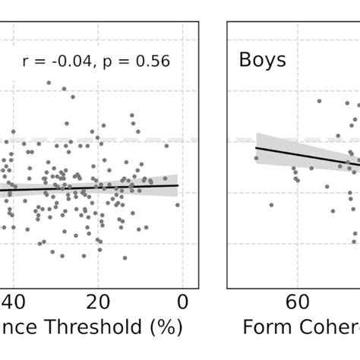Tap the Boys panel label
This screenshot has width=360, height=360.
pyautogui.click(x=263, y=60)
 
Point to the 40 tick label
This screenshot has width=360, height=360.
pyautogui.click(x=15, y=302)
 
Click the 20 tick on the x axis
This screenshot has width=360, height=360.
pyautogui.click(x=97, y=302)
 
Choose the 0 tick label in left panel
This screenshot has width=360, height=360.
pyautogui.click(x=183, y=302)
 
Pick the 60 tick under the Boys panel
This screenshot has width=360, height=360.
pyautogui.click(x=296, y=302)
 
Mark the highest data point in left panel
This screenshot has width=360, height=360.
pyautogui.click(x=49, y=82)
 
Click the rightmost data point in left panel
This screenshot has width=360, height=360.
pyautogui.click(x=178, y=204)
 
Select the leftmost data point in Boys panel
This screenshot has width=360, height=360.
pyautogui.click(x=256, y=158)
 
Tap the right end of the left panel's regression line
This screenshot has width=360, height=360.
pyautogui.click(x=178, y=185)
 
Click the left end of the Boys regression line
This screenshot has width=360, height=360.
pyautogui.click(x=256, y=147)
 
